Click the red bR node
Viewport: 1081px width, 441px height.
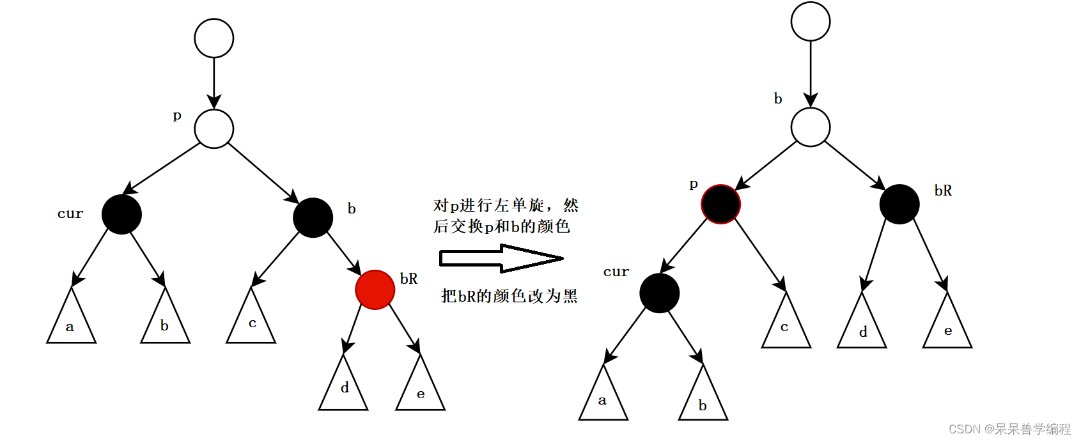click(375, 290)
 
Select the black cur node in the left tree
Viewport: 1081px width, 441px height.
click(121, 214)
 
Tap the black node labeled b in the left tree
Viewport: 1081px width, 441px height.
click(313, 217)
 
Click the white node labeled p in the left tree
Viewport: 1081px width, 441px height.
click(214, 129)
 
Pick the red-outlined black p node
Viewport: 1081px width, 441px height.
click(720, 204)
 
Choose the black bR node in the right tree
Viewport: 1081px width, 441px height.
click(899, 204)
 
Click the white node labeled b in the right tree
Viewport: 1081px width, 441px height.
click(810, 127)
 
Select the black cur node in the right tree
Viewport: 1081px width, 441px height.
click(659, 293)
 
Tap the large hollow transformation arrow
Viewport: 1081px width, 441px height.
click(501, 258)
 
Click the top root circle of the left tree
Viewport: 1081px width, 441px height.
click(214, 38)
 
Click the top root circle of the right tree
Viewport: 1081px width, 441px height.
click(810, 21)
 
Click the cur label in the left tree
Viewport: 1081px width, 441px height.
click(70, 213)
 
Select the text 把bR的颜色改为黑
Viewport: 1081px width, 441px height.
click(509, 295)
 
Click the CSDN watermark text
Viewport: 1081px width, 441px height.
click(1009, 428)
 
